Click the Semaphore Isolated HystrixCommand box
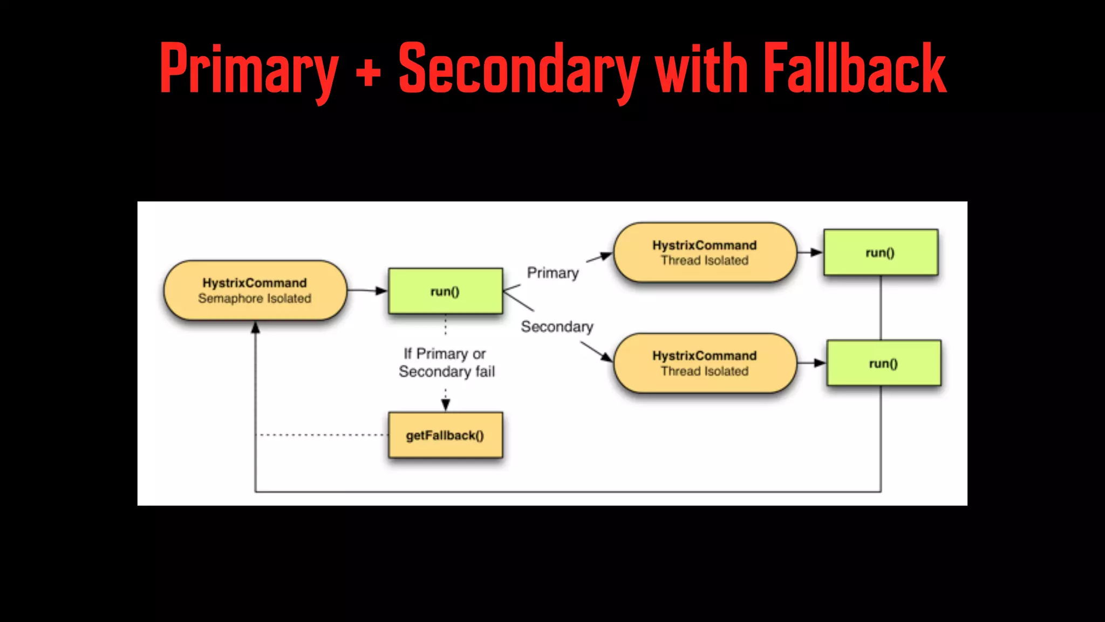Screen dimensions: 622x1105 tap(255, 290)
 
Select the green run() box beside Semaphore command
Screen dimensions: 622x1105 tap(445, 292)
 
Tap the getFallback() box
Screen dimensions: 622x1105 tap(445, 435)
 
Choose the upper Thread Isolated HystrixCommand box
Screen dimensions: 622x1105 tap(705, 252)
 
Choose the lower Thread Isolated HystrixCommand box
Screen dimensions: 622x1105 tap(705, 363)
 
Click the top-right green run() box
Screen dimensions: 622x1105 tap(881, 253)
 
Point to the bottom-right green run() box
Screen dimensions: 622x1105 tap(883, 363)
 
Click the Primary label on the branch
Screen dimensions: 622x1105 tap(552, 273)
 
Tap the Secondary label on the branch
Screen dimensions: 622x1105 tap(557, 327)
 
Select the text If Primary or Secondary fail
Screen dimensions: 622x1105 tap(446, 362)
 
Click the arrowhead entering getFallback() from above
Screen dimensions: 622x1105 tap(446, 405)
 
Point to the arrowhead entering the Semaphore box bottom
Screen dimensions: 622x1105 tap(255, 328)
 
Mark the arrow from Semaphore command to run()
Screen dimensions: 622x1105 tap(367, 290)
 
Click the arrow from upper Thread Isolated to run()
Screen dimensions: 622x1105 tap(810, 252)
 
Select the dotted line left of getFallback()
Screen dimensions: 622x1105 tap(322, 435)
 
